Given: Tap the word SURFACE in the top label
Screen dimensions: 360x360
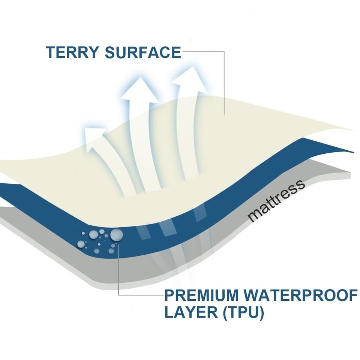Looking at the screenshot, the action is coord(143,52).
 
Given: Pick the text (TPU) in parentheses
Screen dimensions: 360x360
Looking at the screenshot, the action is coord(243,312).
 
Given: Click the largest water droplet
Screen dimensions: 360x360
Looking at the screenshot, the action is coord(116,235).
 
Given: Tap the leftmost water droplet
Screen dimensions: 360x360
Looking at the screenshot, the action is coord(81,244).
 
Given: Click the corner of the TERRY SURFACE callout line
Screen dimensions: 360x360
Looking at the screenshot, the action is coord(224,52).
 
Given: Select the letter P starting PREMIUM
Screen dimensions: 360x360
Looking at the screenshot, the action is coord(169,295).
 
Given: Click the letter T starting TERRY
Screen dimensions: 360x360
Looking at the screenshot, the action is coord(50,52).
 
